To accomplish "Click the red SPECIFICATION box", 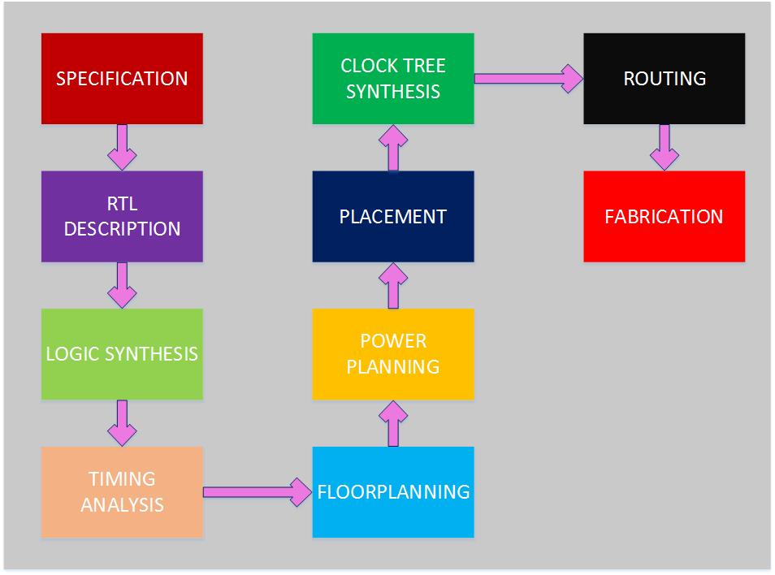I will click(x=122, y=78).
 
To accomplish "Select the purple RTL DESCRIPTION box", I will click(x=122, y=216).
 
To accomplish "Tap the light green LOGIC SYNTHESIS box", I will click(x=122, y=354).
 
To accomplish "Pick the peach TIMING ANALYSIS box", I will click(x=122, y=491).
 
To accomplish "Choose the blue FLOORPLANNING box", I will click(x=393, y=491).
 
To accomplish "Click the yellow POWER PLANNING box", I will click(x=393, y=354).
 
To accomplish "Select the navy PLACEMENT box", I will click(x=393, y=216).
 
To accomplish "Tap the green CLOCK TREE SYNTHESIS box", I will click(x=393, y=78).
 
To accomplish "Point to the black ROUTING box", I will click(x=664, y=78).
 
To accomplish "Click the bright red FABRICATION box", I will click(x=664, y=216).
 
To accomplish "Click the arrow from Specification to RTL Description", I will click(x=122, y=147).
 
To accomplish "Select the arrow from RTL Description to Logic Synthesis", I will click(x=122, y=285).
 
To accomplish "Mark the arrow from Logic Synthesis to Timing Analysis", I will click(x=122, y=423).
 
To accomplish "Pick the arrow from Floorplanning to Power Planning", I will click(x=393, y=423).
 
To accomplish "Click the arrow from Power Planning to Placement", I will click(x=393, y=285).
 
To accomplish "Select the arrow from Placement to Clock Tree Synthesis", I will click(x=393, y=147).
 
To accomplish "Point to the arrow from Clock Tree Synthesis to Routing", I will click(x=528, y=78).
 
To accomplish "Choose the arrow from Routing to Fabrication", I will click(x=664, y=147).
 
